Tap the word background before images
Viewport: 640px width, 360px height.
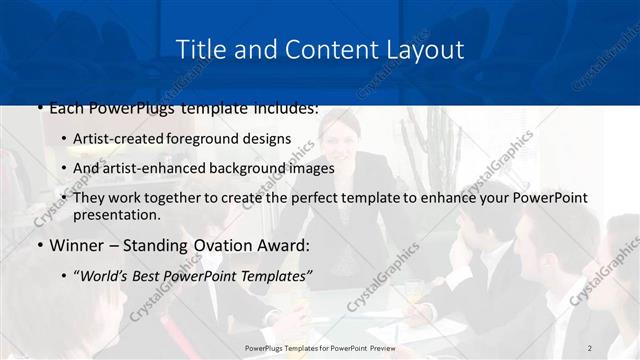241,168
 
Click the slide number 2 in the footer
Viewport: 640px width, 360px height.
590,347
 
